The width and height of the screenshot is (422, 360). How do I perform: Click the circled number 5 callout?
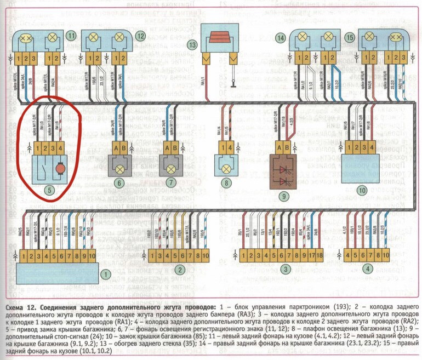pos(50,191)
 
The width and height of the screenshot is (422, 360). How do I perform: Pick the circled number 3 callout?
pos(284,270)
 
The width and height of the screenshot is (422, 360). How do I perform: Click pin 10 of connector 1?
pos(96,256)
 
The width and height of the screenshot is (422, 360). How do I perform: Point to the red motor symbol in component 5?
pos(59,167)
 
